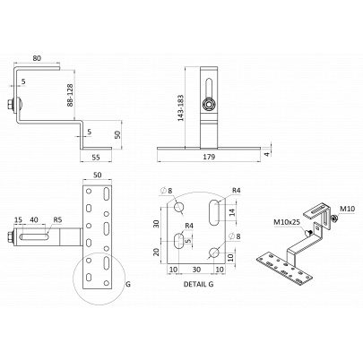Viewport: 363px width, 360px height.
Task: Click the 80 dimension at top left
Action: pyautogui.click(x=37, y=58)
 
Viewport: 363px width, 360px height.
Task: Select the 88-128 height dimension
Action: pyautogui.click(x=70, y=95)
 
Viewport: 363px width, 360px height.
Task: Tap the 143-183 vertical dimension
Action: pyautogui.click(x=181, y=108)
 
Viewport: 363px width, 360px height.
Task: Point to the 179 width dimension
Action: pyautogui.click(x=209, y=157)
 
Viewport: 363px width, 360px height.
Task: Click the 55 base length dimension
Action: pyautogui.click(x=96, y=157)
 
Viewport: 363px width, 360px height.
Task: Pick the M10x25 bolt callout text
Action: pyautogui.click(x=288, y=222)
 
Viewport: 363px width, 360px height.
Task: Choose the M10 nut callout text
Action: pyautogui.click(x=347, y=209)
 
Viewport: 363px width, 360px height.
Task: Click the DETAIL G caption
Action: pyautogui.click(x=199, y=284)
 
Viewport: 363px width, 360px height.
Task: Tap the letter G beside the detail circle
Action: pyautogui.click(x=128, y=284)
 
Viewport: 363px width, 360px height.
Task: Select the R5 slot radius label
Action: pyautogui.click(x=57, y=220)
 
